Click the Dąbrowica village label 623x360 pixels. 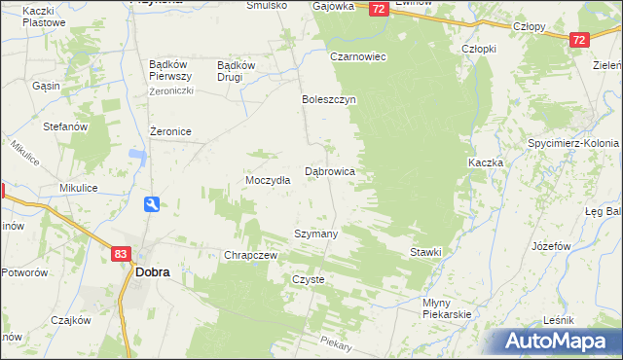(330, 171)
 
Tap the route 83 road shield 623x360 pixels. (121, 254)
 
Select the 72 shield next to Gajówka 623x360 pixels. (379, 9)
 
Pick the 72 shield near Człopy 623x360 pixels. (579, 40)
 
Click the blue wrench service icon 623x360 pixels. (152, 204)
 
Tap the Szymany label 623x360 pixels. (316, 234)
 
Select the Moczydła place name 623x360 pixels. (268, 182)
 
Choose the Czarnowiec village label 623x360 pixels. (358, 56)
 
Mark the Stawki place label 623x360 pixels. (425, 252)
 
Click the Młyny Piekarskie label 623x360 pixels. (447, 308)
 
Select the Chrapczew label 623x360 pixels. (252, 255)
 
